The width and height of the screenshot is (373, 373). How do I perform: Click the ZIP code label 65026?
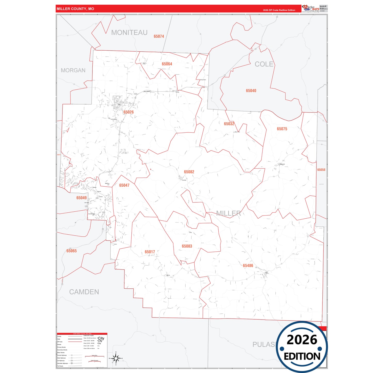[x=128, y=112]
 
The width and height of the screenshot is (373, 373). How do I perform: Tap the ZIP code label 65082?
[x=189, y=172]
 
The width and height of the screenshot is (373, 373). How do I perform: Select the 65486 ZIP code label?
[x=248, y=266]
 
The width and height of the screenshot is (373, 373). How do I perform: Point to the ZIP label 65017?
[x=150, y=252]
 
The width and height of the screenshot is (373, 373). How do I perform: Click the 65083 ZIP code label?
[x=187, y=246]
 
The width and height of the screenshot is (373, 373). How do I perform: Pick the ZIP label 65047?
[x=124, y=185]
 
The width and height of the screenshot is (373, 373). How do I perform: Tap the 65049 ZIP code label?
[x=81, y=198]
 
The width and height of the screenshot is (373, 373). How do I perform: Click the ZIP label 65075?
[x=282, y=129]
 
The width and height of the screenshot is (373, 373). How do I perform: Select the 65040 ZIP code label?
[x=251, y=91]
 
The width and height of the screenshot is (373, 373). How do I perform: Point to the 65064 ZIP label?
[x=167, y=64]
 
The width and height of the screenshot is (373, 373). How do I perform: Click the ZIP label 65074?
[x=159, y=36]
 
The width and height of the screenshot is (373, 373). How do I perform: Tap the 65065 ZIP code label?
[x=72, y=251]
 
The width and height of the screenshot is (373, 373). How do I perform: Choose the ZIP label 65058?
[x=321, y=170]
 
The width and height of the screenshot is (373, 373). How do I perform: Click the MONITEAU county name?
[x=129, y=33]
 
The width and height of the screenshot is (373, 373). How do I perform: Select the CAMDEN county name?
[x=84, y=292]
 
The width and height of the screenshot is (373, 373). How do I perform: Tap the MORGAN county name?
[x=73, y=70]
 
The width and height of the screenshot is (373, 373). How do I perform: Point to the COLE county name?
[x=264, y=64]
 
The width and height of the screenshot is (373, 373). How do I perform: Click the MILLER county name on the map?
[x=228, y=213]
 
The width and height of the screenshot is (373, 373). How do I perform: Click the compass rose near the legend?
[x=116, y=358]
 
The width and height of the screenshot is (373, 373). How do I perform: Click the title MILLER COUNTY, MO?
[x=75, y=9]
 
